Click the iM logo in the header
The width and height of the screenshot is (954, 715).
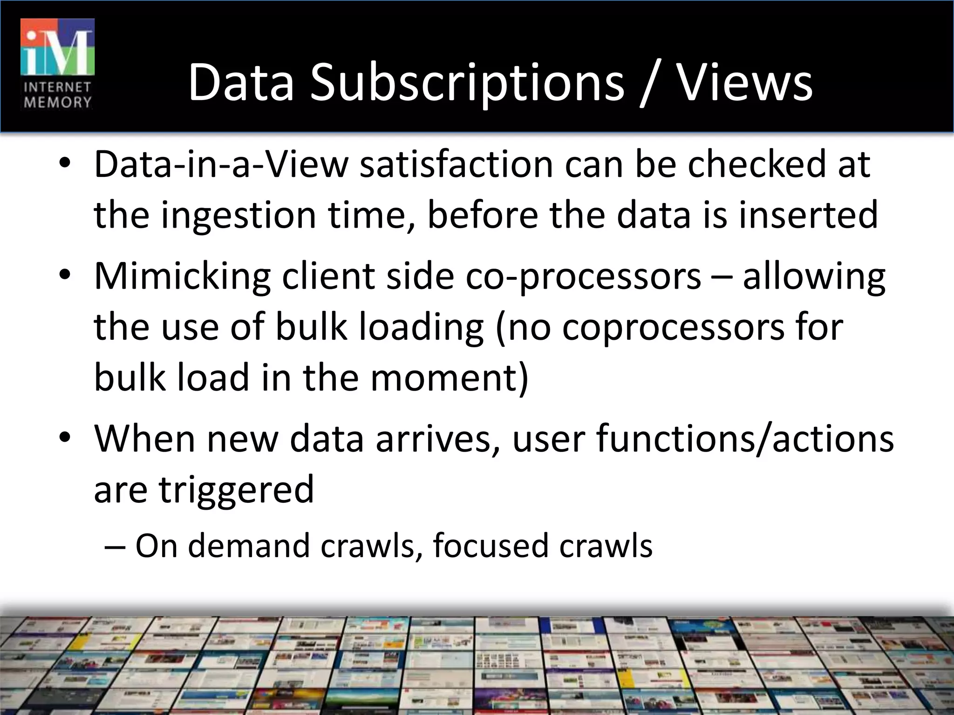pos(58,47)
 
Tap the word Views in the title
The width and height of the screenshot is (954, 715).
pos(744,83)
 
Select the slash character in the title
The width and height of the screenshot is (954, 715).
pos(650,84)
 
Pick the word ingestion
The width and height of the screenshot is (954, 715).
pos(238,215)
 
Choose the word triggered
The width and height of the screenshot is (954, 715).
pos(237,490)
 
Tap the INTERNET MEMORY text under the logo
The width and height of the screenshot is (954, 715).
pos(58,95)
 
